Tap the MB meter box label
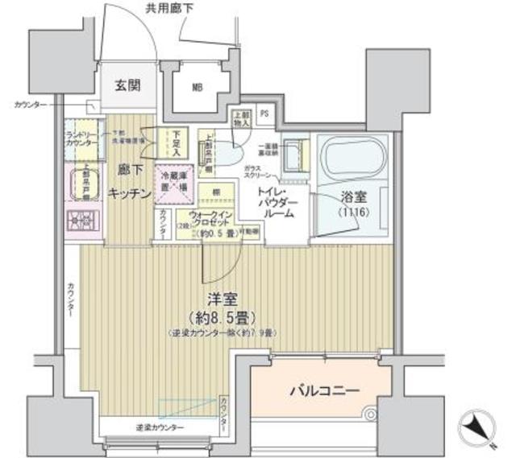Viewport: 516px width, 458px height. [196, 87]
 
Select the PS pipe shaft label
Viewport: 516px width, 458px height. [264, 113]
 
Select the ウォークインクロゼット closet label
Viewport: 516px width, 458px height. [212, 219]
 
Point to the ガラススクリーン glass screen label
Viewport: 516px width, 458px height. [258, 173]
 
